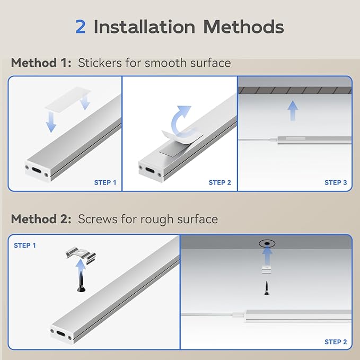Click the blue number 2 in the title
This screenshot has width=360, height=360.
pyautogui.click(x=81, y=27)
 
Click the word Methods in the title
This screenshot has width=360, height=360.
pyautogui.click(x=243, y=27)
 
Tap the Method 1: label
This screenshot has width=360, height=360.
pyautogui.click(x=41, y=63)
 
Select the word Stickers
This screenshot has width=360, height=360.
pyautogui.click(x=100, y=63)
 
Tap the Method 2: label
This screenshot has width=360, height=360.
pyautogui.click(x=41, y=219)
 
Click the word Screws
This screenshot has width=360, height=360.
pyautogui.click(x=98, y=219)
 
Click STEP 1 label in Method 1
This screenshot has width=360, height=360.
pyautogui.click(x=105, y=182)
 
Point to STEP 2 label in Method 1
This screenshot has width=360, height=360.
pyautogui.click(x=219, y=182)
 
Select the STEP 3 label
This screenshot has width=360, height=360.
pyautogui.click(x=336, y=182)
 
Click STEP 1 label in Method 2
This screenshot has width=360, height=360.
pyautogui.click(x=25, y=245)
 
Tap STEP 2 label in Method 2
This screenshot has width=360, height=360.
pyautogui.click(x=336, y=342)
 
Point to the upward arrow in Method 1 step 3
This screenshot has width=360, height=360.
pyautogui.click(x=293, y=110)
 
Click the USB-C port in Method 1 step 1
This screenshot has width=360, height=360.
pyautogui.click(x=37, y=170)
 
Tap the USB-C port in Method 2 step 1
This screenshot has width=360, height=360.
pyautogui.click(x=61, y=333)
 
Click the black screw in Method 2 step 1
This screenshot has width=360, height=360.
pyautogui.click(x=81, y=282)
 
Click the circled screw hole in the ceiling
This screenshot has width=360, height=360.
pyautogui.click(x=267, y=243)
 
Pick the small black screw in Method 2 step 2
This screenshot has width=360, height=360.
pyautogui.click(x=267, y=288)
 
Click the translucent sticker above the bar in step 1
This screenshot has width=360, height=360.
pyautogui.click(x=68, y=100)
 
